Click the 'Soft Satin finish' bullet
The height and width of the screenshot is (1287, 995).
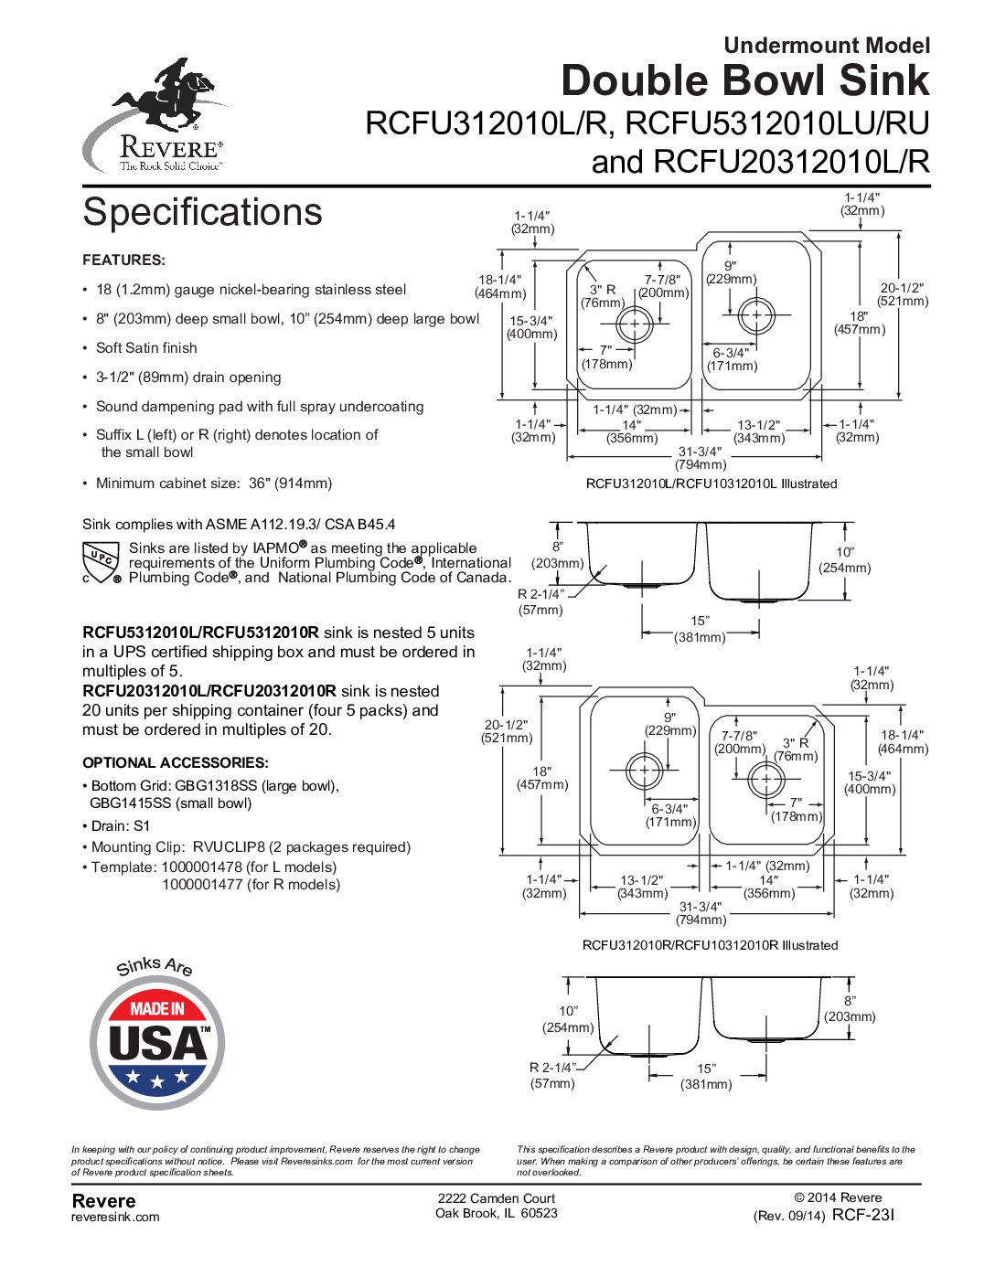[x=146, y=347]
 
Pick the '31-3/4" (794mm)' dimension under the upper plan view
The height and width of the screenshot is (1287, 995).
[x=700, y=458]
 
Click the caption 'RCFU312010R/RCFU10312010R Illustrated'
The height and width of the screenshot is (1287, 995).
[x=710, y=944]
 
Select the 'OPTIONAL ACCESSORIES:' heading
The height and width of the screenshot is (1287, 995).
[x=176, y=762]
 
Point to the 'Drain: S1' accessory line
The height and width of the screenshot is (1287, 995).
[x=117, y=825]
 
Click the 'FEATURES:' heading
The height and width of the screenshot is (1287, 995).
[x=123, y=260]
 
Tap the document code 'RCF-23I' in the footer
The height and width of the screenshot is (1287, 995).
[x=862, y=1215]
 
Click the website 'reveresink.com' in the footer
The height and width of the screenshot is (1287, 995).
[x=115, y=1217]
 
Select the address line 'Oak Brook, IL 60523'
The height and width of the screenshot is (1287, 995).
[x=497, y=1213]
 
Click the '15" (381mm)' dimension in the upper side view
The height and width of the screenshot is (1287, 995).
[x=700, y=628]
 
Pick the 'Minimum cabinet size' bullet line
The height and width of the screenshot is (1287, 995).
[x=208, y=484]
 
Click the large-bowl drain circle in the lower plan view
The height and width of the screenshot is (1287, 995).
[x=644, y=771]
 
